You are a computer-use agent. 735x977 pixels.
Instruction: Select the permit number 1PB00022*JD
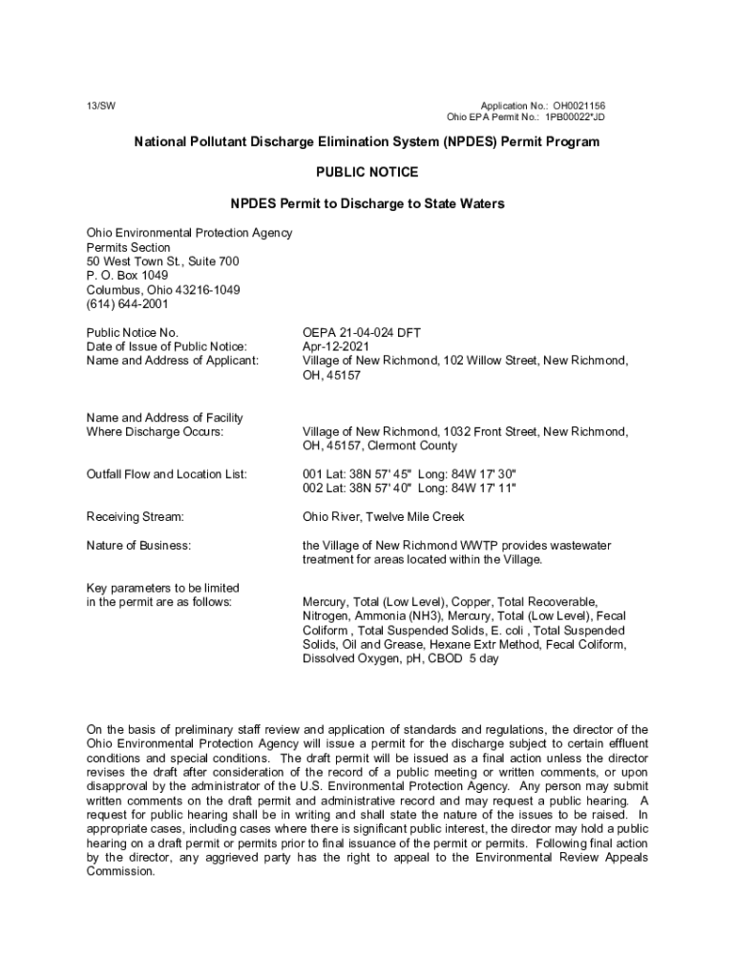pos(575,117)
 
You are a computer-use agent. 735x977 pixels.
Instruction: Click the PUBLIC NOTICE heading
pos(367,173)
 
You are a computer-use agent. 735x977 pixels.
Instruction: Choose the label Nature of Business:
pos(138,545)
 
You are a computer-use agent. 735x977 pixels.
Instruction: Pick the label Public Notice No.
pos(132,332)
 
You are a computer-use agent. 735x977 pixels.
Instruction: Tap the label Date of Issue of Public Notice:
pos(166,346)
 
